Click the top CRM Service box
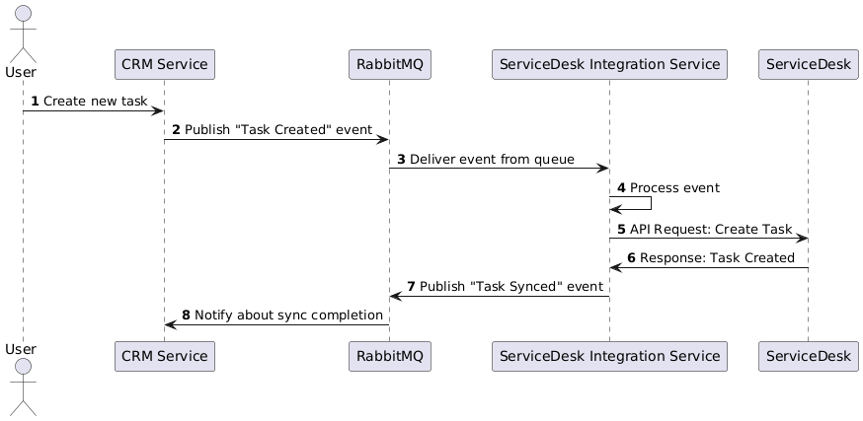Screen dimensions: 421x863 (x=164, y=65)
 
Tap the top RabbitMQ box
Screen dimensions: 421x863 (x=389, y=65)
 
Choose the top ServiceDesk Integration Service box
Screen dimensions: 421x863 (x=609, y=65)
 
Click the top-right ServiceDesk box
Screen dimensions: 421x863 (x=808, y=65)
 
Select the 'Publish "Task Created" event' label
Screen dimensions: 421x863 (x=276, y=130)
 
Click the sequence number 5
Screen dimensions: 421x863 (x=621, y=229)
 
